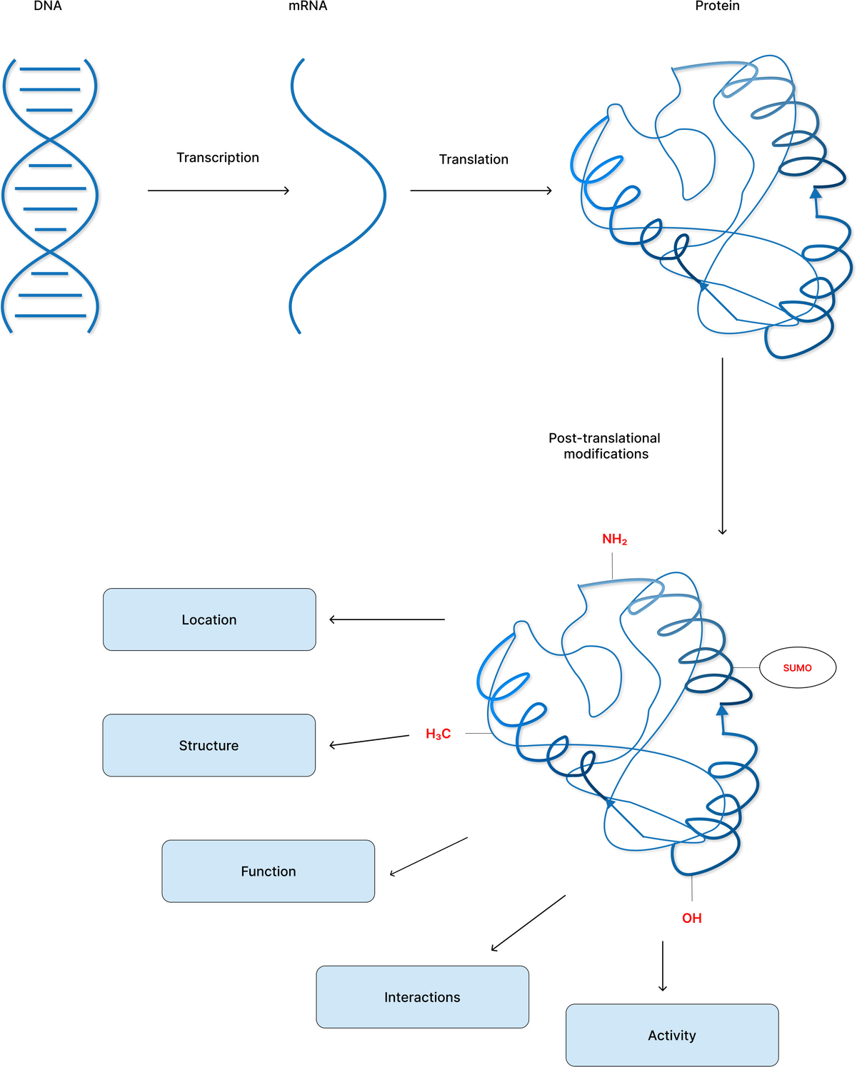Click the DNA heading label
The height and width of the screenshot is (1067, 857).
48,6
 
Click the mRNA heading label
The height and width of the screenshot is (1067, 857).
308,6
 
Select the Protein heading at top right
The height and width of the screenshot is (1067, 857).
717,6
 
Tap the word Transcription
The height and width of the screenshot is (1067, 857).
218,158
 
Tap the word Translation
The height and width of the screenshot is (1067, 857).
473,159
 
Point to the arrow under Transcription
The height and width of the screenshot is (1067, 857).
218,191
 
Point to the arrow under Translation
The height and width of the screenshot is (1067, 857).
481,191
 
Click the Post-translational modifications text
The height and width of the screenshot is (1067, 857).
605,446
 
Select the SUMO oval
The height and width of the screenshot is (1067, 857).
797,668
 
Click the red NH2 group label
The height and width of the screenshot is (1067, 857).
614,540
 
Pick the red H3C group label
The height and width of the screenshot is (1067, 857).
438,734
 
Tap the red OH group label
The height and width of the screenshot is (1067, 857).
691,919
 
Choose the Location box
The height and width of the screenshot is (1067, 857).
209,620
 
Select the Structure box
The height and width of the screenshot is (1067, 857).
209,745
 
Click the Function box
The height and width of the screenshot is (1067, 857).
268,871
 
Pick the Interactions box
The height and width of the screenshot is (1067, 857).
422,997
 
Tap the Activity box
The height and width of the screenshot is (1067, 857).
671,1035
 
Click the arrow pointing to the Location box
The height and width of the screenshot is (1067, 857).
386,620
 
